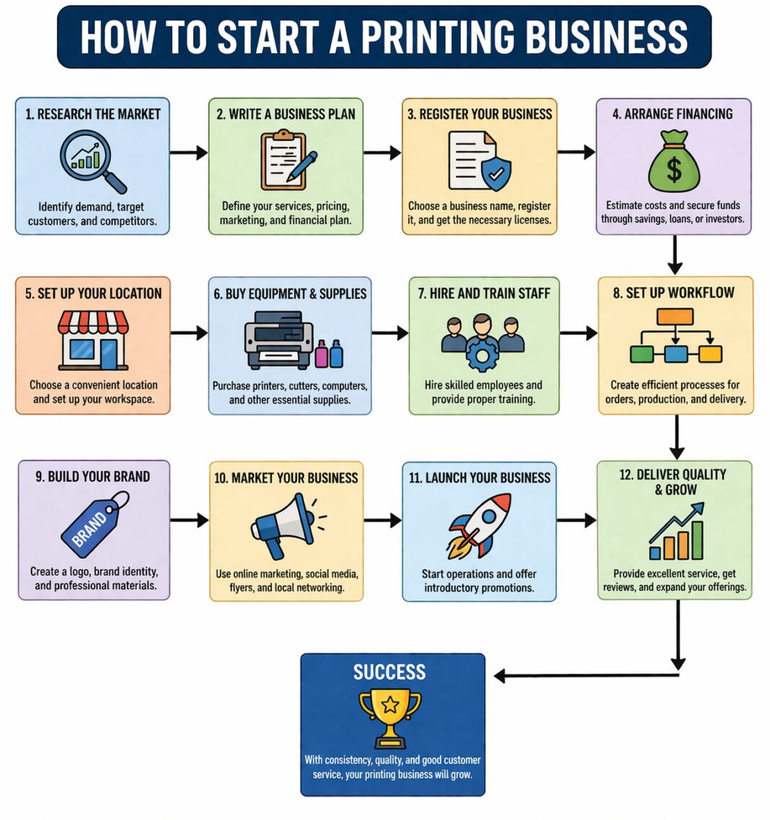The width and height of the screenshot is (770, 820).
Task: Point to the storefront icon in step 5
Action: click(93, 340)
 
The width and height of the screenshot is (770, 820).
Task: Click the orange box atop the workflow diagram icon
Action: click(675, 317)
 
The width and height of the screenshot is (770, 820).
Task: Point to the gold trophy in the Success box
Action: click(390, 717)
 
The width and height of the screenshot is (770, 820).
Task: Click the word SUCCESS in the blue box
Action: click(389, 673)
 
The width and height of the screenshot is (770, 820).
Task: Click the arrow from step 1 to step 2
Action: click(189, 152)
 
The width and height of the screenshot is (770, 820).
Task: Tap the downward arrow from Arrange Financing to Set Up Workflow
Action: click(675, 255)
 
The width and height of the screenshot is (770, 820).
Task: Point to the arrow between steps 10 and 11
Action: click(382, 520)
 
